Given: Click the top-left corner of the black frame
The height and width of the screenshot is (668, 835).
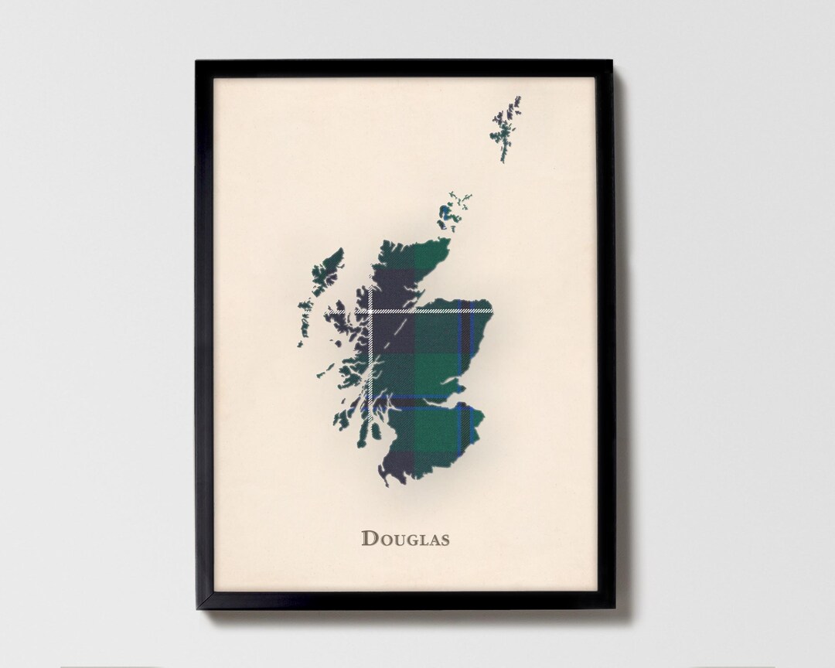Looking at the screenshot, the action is coord(197,63).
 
